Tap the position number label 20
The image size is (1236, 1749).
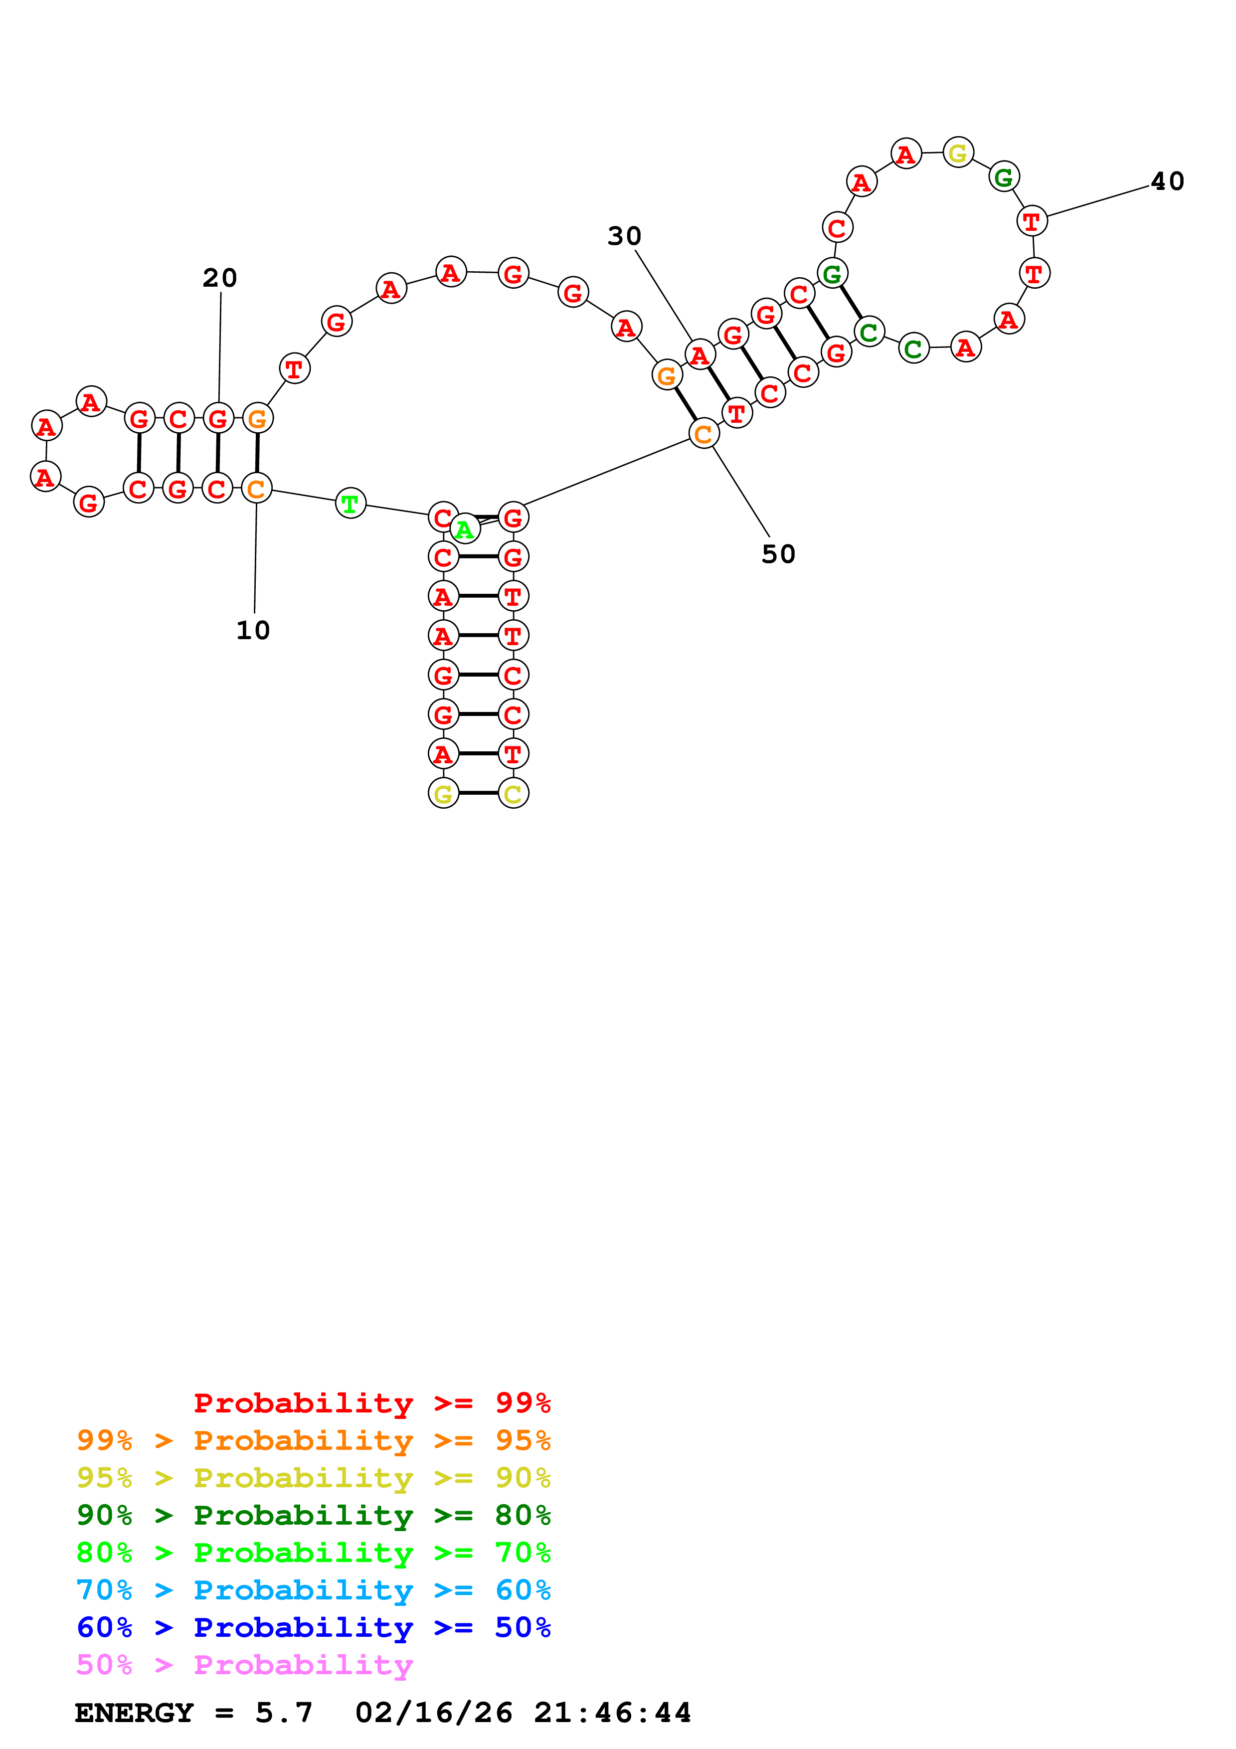pos(219,278)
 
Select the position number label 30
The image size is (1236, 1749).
pos(624,236)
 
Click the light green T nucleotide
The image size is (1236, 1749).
pos(351,504)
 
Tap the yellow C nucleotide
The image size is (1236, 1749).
pos(513,794)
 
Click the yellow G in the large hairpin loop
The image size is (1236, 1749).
pos(957,153)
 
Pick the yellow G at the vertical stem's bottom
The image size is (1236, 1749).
pos(443,794)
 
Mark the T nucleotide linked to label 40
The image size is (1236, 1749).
pos(1032,221)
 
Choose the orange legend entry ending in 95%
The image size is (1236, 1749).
pos(313,1440)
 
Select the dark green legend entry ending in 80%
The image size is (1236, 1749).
pos(313,1515)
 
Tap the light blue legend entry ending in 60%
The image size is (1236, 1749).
pos(313,1590)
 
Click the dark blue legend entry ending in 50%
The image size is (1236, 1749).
pos(313,1627)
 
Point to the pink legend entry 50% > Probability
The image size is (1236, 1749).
pos(244,1664)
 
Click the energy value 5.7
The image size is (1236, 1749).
pos(283,1713)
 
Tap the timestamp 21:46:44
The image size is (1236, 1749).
pos(612,1713)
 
